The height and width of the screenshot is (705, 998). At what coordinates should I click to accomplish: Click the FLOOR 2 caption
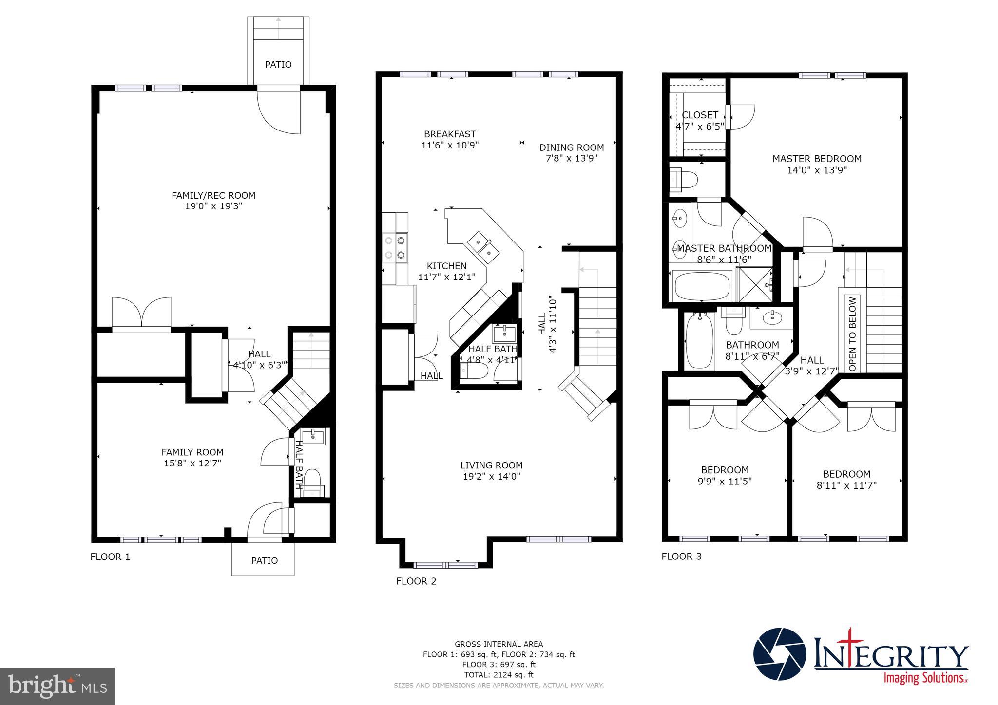point(416,581)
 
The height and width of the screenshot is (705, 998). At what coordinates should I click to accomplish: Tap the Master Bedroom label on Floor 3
point(817,159)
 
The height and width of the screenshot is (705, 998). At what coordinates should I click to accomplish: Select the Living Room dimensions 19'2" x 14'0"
point(491,477)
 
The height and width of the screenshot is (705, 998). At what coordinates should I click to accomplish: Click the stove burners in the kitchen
point(395,247)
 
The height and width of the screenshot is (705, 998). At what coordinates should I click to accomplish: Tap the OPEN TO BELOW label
point(852,334)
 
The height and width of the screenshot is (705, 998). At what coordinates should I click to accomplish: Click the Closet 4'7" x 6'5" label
point(700,120)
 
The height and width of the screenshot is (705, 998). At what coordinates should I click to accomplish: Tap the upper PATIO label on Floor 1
point(278,65)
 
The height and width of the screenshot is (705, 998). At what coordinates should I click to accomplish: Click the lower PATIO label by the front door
point(264,561)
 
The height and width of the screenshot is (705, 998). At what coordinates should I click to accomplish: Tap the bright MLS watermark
point(58,686)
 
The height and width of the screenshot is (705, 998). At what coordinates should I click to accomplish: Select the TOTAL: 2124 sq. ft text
point(499,675)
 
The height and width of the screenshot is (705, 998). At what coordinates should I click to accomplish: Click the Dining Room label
point(571,148)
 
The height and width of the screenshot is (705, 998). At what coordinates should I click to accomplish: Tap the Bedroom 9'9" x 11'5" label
point(725,475)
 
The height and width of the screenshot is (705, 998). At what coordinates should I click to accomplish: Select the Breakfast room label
point(449,134)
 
